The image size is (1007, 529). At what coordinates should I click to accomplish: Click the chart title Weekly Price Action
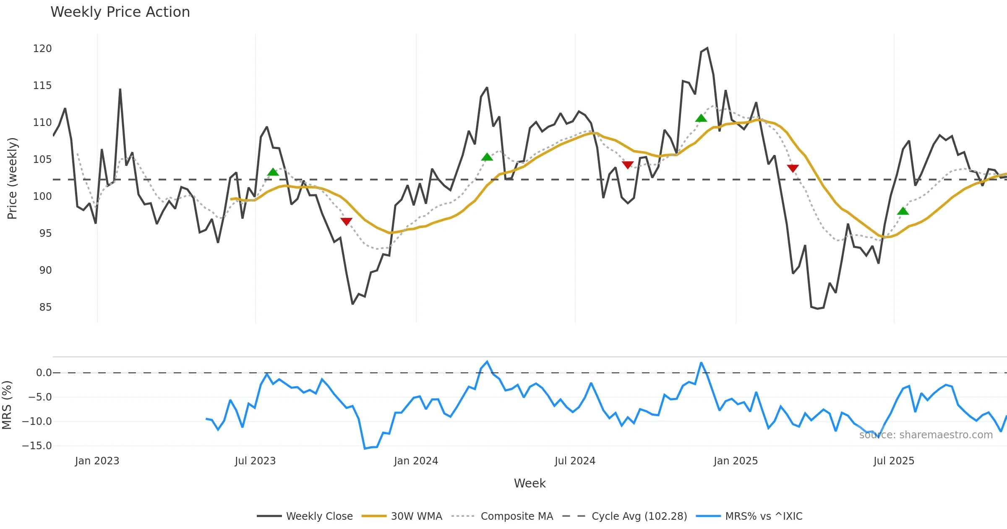click(x=120, y=12)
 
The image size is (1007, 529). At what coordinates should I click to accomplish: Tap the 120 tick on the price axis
click(x=42, y=49)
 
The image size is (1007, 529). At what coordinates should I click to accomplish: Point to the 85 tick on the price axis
click(x=45, y=307)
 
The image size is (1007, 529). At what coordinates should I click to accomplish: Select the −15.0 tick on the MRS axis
click(x=37, y=446)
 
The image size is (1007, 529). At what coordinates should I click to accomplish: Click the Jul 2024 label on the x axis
click(x=575, y=461)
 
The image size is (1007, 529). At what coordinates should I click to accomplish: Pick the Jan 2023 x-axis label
click(x=97, y=461)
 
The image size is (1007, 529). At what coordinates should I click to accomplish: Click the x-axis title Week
click(x=530, y=484)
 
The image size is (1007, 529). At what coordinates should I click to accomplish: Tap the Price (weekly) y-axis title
click(x=12, y=178)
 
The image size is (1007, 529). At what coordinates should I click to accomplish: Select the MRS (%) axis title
click(x=7, y=405)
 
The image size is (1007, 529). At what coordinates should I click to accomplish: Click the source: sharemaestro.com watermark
click(x=926, y=435)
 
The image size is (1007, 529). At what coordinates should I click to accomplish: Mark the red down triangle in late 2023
click(x=346, y=221)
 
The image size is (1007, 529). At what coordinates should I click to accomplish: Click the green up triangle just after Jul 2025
click(x=903, y=211)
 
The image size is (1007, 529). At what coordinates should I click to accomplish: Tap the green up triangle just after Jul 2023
click(x=273, y=172)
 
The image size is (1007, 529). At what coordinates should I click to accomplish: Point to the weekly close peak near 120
click(x=707, y=48)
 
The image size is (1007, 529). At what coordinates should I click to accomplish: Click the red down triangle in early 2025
click(x=793, y=168)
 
